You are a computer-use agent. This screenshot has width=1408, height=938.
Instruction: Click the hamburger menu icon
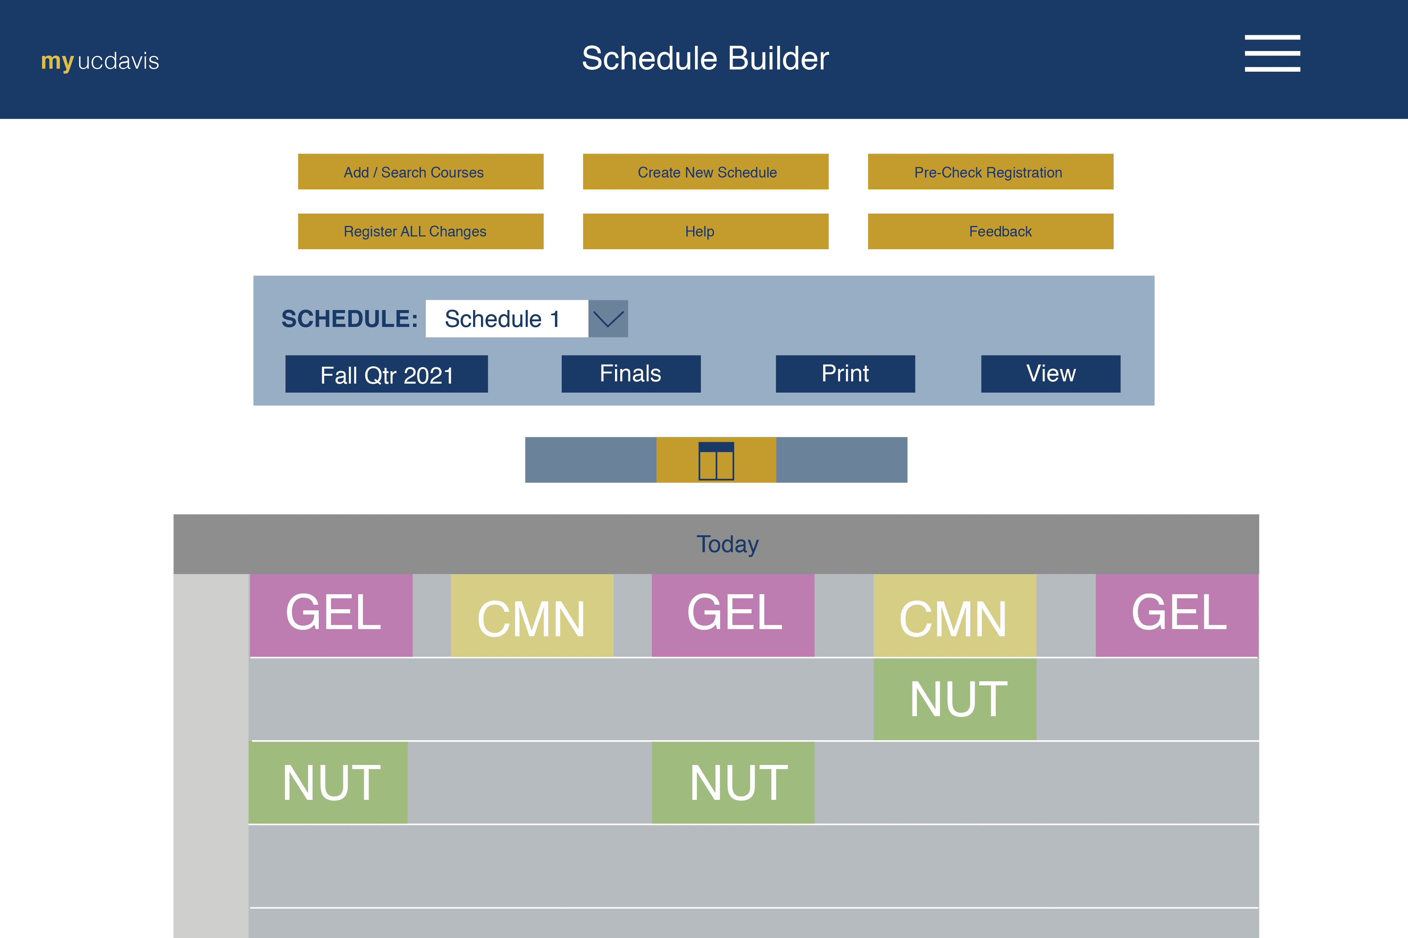tap(1272, 53)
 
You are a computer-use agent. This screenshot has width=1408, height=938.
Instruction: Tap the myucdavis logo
tap(100, 60)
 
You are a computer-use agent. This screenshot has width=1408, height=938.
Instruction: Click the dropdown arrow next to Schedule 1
tap(608, 318)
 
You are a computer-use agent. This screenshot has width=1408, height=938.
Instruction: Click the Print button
tap(844, 374)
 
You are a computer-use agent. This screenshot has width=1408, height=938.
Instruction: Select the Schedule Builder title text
tap(704, 58)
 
